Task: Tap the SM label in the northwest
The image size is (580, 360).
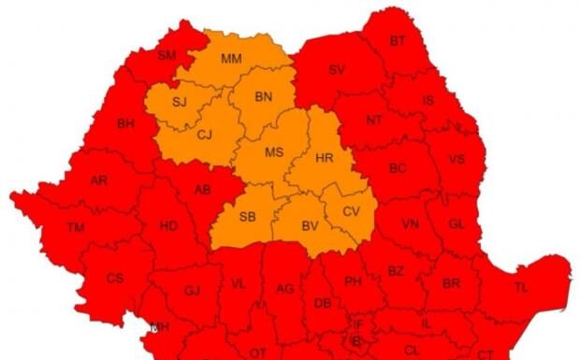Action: tap(167, 56)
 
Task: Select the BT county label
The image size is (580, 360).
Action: tap(398, 41)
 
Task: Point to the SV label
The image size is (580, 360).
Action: tap(336, 70)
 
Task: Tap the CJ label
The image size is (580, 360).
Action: tap(205, 135)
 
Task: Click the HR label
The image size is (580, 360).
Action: tap(325, 158)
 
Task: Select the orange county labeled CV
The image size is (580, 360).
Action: tap(351, 211)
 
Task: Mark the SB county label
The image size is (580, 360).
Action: tap(248, 217)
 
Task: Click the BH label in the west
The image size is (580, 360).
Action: tap(125, 122)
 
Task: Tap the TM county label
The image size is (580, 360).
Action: tap(76, 227)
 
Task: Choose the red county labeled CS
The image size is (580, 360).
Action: tap(114, 278)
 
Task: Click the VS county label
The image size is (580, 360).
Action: tap(457, 159)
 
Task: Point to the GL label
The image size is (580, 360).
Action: tap(457, 224)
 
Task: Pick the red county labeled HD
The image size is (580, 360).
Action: tap(168, 226)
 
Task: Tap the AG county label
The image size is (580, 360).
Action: tap(284, 288)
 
